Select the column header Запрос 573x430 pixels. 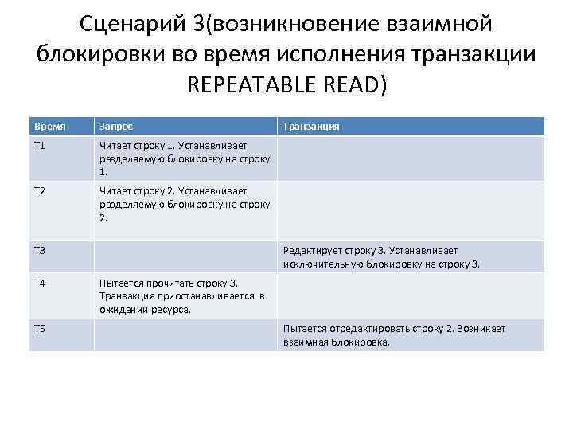click(x=116, y=126)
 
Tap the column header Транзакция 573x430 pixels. click(x=312, y=126)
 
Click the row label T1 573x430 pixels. click(x=40, y=146)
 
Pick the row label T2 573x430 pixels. click(x=40, y=191)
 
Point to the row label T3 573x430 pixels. click(x=40, y=251)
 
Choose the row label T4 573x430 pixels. click(x=40, y=283)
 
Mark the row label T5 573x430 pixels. click(x=40, y=329)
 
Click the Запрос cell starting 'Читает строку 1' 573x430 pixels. click(x=184, y=158)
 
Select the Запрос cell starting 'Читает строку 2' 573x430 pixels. click(x=184, y=204)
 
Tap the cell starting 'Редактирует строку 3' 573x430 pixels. click(x=381, y=256)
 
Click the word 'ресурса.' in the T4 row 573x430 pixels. click(x=173, y=309)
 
